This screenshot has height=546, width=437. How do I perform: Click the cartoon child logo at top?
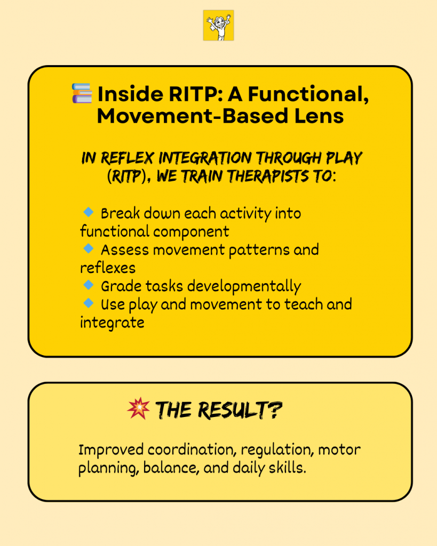coord(219,25)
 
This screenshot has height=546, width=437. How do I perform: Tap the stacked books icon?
coord(82,93)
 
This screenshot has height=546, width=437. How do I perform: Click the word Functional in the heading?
coord(308,94)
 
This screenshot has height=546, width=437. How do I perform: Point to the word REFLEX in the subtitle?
coord(127,158)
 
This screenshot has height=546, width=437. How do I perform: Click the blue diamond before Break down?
coord(89,212)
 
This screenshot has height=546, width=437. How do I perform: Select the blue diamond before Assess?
coord(89,248)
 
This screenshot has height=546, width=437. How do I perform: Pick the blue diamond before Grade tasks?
coord(89,285)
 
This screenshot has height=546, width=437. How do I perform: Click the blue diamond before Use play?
coord(89,303)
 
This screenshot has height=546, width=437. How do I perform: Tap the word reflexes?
coord(108,268)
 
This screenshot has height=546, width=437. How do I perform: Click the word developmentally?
coord(244,287)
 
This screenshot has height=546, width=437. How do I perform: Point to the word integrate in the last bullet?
coord(112,323)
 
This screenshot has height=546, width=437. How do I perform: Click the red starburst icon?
coord(138,408)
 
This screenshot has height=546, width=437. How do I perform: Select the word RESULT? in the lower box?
coord(240,410)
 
